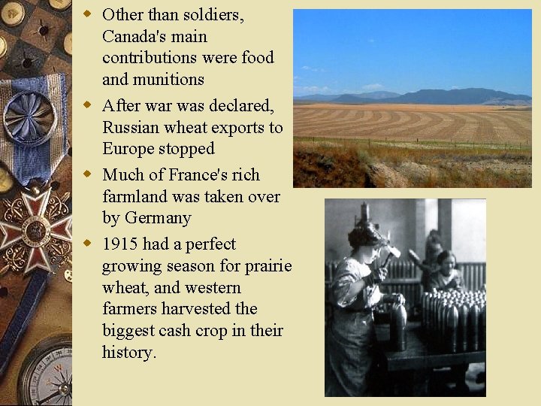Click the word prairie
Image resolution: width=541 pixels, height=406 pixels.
point(267,266)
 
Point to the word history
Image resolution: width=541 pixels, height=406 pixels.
point(129,352)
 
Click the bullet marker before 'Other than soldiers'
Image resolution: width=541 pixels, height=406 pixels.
point(88,14)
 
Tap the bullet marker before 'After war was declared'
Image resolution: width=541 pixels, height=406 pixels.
point(88,105)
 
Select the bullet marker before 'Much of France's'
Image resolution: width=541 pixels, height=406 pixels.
point(88,174)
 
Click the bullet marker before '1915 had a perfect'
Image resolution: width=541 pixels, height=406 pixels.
point(88,244)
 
